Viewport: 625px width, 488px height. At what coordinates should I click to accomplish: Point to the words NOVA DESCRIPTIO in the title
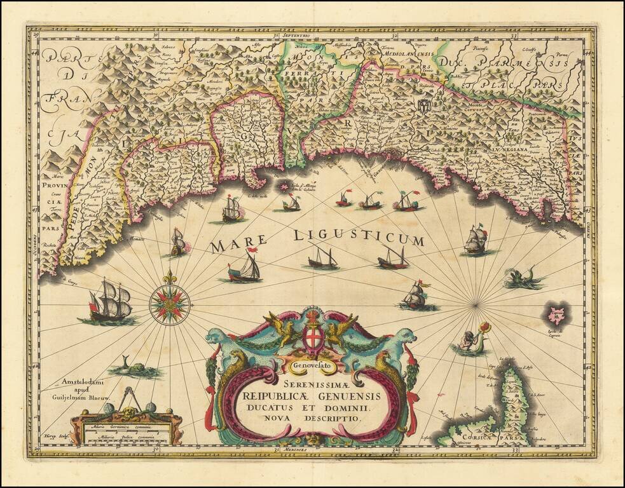point(312,419)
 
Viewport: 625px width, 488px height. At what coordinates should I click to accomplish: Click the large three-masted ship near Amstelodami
point(108,301)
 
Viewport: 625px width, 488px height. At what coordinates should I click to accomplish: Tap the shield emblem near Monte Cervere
point(423,104)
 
